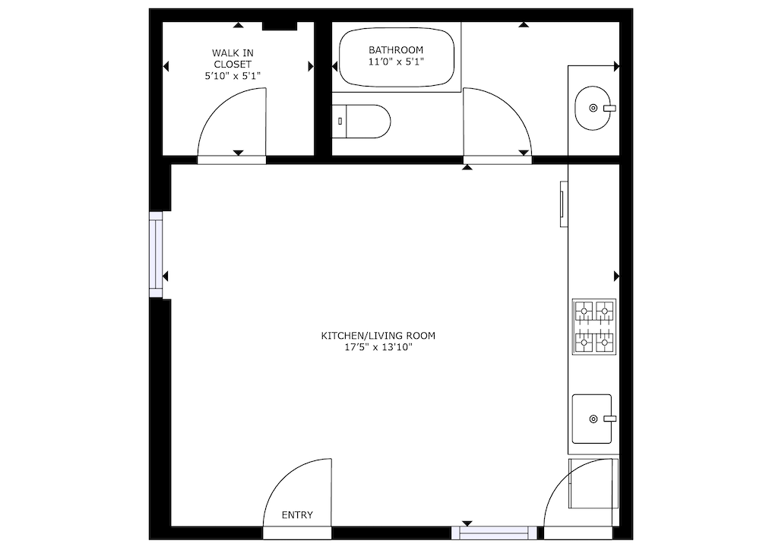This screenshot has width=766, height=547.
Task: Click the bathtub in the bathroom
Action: [x=397, y=57]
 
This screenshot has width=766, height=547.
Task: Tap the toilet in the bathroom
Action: [x=361, y=121]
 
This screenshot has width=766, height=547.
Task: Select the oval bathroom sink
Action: [x=593, y=108]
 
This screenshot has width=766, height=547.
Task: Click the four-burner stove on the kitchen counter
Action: [x=594, y=327]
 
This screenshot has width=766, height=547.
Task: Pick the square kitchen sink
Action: [x=591, y=419]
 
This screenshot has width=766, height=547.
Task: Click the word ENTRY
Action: [x=297, y=515]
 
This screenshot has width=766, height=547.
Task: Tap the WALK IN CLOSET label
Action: [x=233, y=58]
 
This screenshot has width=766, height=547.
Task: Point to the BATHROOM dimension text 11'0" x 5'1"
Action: [x=396, y=62]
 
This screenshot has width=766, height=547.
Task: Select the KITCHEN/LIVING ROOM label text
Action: [x=378, y=336]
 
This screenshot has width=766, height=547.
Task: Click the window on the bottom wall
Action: [x=495, y=533]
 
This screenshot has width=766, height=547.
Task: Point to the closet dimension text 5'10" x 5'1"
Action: [x=233, y=76]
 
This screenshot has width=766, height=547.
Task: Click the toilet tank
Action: [x=339, y=121]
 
